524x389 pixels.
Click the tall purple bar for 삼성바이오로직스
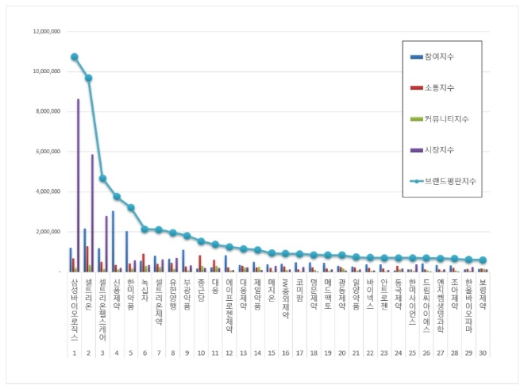pyautogui.click(x=78, y=185)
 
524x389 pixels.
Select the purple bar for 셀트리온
pyautogui.click(x=92, y=213)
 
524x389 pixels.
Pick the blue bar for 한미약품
pyautogui.click(x=126, y=252)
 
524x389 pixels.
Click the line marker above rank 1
pyautogui.click(x=74, y=57)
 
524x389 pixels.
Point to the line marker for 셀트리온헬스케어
pyautogui.click(x=102, y=179)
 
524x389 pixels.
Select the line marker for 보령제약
pyautogui.click(x=483, y=260)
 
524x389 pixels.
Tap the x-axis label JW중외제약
pyautogui.click(x=285, y=298)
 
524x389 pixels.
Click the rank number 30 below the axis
pyautogui.click(x=482, y=352)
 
